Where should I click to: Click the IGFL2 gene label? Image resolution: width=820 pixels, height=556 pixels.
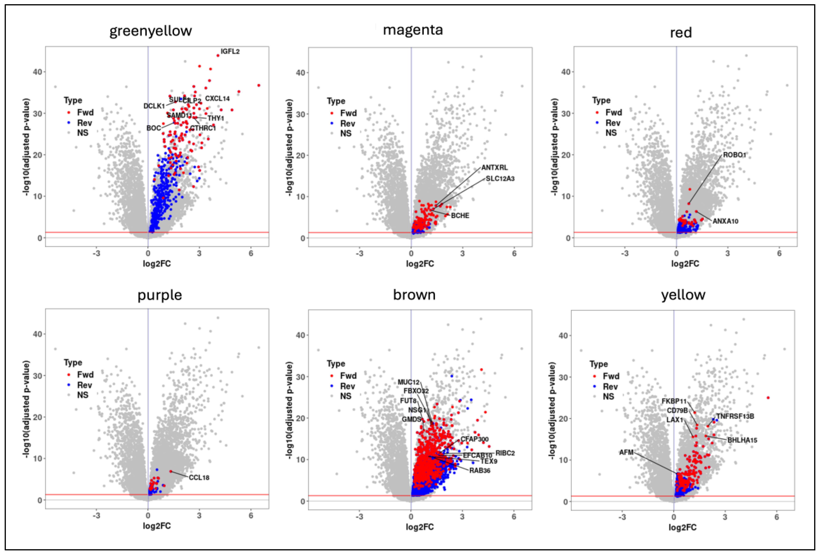click(230, 51)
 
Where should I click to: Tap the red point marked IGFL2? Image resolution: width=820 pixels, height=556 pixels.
click(218, 55)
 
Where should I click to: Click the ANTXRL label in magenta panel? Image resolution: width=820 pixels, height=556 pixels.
click(494, 168)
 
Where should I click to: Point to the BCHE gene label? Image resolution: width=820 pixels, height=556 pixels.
click(460, 215)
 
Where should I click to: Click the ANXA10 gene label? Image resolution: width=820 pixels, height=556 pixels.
click(725, 221)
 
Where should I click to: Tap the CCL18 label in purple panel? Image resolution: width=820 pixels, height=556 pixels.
click(199, 478)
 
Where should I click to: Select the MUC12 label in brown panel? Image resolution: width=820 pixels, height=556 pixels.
click(408, 382)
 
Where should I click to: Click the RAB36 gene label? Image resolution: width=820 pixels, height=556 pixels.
click(480, 471)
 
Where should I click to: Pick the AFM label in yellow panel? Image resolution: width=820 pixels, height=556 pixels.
click(626, 452)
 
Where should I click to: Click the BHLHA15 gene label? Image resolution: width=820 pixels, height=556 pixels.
click(742, 440)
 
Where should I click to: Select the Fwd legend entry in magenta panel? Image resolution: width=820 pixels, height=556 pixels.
click(348, 113)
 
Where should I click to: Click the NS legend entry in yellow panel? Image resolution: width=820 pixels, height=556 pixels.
click(608, 397)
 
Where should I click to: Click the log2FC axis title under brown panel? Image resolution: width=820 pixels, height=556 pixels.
click(419, 527)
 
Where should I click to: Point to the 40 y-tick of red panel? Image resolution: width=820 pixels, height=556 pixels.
click(566, 72)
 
